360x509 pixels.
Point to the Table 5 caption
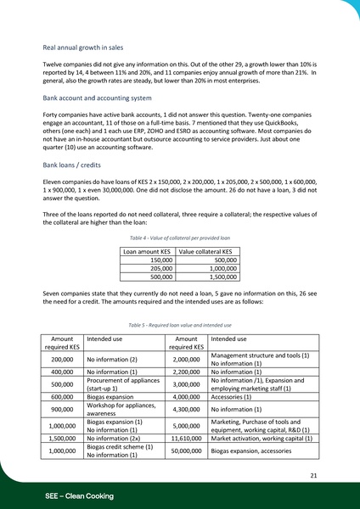[180, 325]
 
